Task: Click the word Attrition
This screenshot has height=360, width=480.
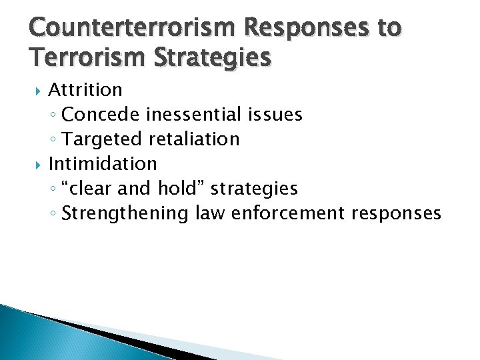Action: tap(85, 89)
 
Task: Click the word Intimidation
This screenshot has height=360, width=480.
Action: tap(103, 163)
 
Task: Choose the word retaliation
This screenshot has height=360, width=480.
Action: tap(194, 139)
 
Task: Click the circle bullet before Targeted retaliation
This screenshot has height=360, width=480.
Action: tap(55, 140)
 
